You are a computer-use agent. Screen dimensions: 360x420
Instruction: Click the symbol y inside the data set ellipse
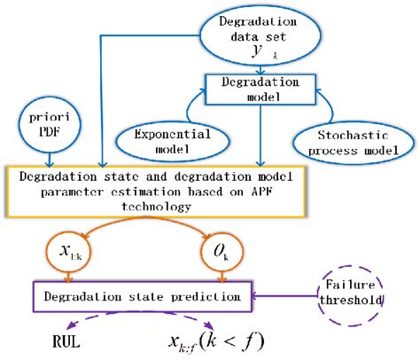(259, 53)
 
